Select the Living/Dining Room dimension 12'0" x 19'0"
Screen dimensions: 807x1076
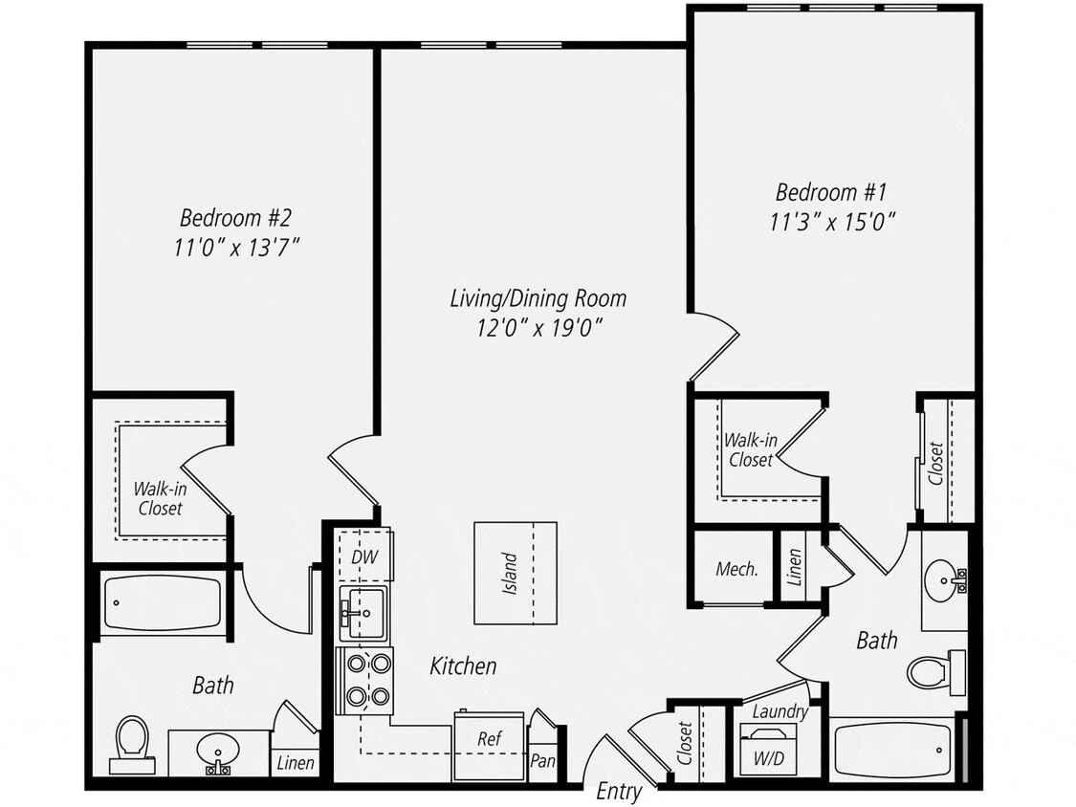pos(538,328)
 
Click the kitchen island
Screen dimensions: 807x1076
pos(515,573)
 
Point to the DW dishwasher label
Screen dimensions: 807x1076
pos(363,556)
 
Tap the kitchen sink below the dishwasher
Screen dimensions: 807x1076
pos(363,613)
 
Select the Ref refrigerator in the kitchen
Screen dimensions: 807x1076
pos(488,739)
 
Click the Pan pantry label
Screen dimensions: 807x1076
pos(541,761)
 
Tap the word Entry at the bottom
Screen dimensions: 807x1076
pos(619,791)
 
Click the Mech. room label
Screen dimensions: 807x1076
pos(736,569)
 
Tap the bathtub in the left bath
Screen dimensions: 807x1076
pos(160,603)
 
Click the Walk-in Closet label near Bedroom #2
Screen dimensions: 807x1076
pos(160,498)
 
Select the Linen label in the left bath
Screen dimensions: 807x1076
pos(295,763)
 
